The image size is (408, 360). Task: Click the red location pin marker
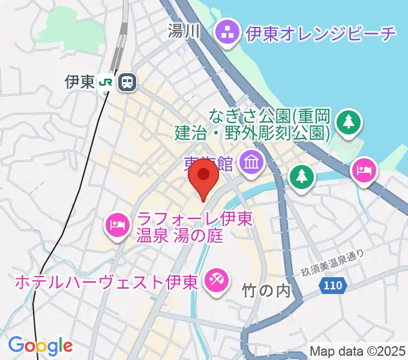(x=203, y=178)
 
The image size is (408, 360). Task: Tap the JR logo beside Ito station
(x=107, y=82)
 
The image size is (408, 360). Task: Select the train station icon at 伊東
(x=127, y=82)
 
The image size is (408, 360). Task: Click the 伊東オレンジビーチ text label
(x=320, y=32)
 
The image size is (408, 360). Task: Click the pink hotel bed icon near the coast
(x=364, y=170)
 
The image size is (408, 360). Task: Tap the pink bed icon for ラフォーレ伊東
(x=116, y=226)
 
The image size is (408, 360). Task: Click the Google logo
(x=40, y=345)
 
